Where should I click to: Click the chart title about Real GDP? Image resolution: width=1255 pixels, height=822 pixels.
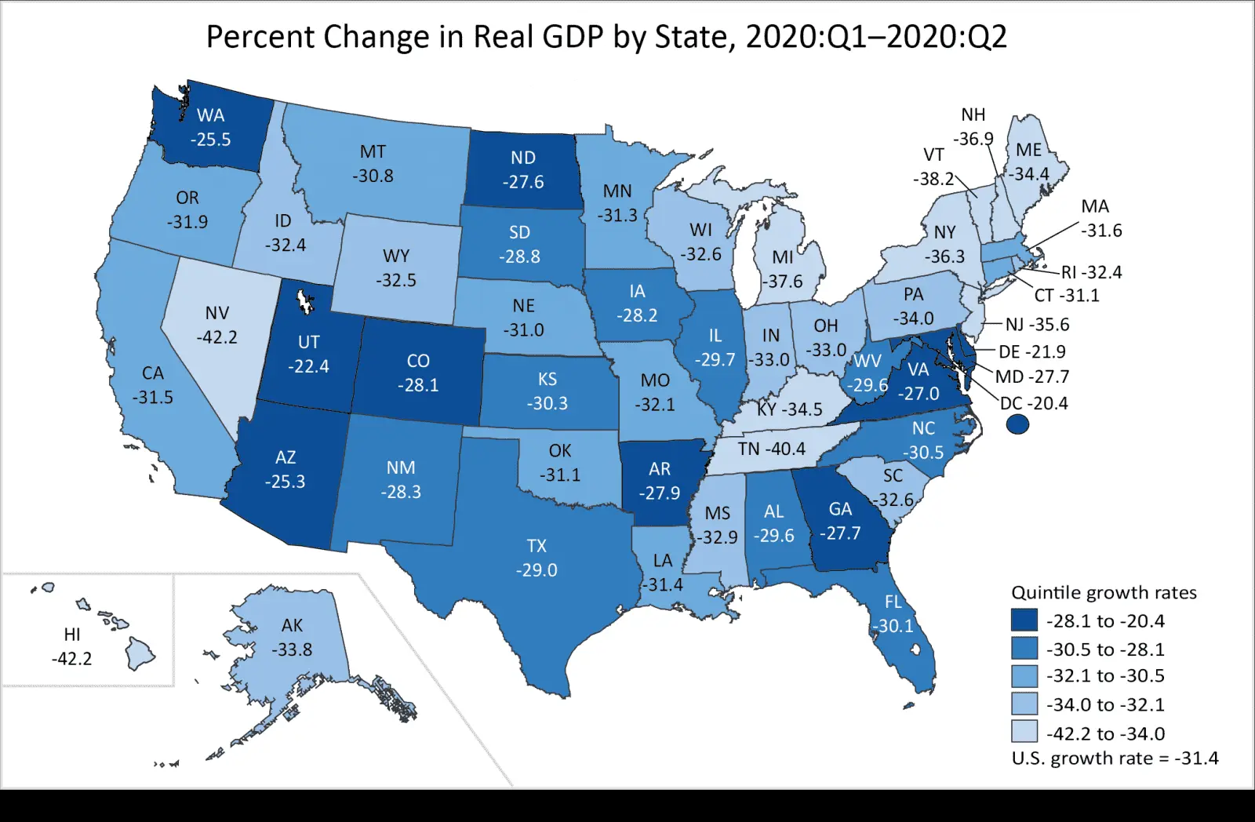tap(606, 37)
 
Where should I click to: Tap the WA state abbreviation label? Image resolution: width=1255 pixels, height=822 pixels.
tap(210, 115)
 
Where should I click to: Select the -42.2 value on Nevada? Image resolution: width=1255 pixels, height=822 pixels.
tap(216, 337)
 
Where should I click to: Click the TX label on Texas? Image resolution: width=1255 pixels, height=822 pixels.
tap(537, 546)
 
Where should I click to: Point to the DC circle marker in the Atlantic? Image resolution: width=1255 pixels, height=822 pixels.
tap(1017, 424)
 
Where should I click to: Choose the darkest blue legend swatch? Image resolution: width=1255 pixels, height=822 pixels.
tap(1024, 620)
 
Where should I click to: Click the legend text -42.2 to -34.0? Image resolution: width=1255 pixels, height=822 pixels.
tap(1105, 733)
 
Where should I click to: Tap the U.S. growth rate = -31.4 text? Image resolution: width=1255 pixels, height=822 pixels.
tap(1115, 758)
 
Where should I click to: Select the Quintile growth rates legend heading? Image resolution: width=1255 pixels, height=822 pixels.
tap(1104, 592)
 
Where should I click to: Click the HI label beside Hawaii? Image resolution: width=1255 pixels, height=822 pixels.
tap(72, 635)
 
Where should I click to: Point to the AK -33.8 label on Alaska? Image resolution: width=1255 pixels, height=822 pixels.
tap(292, 637)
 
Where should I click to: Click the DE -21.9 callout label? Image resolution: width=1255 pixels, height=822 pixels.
tap(1031, 351)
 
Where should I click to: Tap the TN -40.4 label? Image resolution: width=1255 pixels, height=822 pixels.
tap(771, 449)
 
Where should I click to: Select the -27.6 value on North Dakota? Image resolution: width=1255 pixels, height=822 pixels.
tap(523, 182)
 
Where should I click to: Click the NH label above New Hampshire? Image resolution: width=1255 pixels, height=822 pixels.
tap(973, 115)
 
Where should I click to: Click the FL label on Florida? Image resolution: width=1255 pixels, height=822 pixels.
tap(893, 602)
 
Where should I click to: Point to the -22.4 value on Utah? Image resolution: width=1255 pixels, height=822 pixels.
tap(308, 366)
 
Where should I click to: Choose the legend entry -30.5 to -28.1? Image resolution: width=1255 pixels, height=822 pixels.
tap(1105, 649)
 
